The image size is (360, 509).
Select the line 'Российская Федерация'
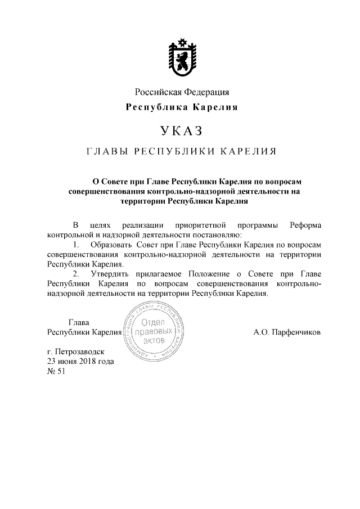[x=181, y=92]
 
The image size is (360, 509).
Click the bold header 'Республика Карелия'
[x=181, y=107]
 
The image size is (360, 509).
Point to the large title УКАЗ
[x=181, y=132]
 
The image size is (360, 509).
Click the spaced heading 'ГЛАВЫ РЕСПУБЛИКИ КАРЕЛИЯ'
[x=181, y=152]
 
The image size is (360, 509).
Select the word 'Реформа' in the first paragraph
[x=305, y=225]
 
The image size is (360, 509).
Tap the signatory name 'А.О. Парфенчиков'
[x=287, y=332]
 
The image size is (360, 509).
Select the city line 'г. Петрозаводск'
[x=76, y=352]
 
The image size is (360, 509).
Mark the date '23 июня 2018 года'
[x=81, y=362]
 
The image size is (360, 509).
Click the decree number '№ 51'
[x=57, y=371]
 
